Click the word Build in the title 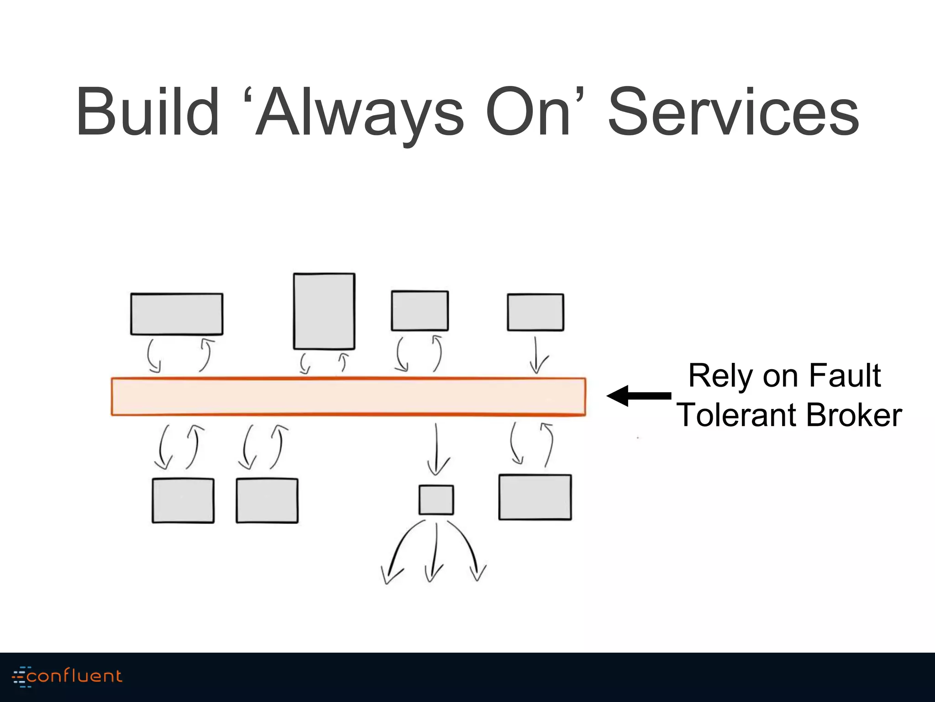(147, 112)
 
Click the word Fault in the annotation (845, 376)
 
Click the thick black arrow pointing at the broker (639, 396)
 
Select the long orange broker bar (348, 396)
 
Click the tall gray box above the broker (324, 311)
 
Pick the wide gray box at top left (177, 314)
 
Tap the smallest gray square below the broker (436, 500)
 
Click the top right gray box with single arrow (536, 312)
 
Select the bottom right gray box (535, 497)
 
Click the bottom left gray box (183, 500)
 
